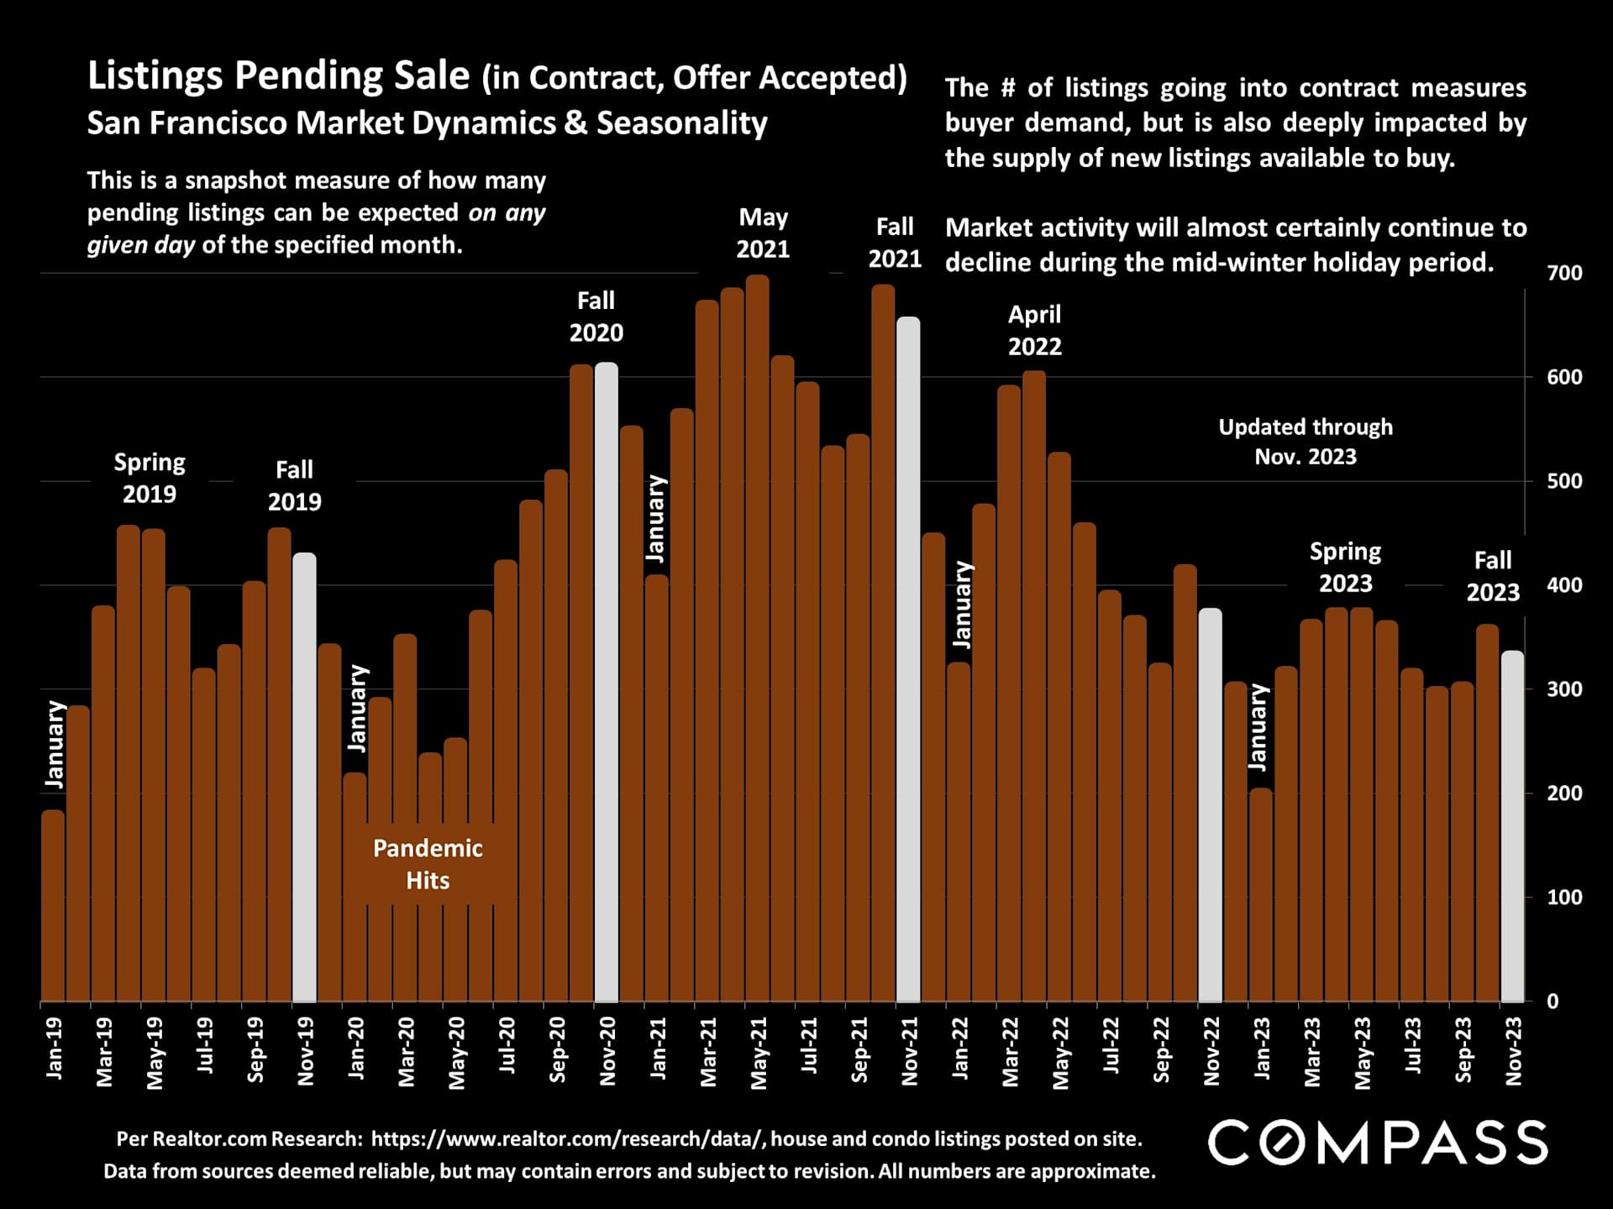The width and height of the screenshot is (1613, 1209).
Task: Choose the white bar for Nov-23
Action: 1512,826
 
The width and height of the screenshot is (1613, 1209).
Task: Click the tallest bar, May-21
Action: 757,638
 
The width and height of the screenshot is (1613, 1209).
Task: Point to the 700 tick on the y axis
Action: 1563,273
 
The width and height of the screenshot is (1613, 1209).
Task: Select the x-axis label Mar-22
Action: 1010,1052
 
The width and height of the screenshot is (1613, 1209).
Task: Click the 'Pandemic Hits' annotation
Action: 428,864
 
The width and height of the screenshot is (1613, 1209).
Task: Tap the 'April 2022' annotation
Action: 1034,330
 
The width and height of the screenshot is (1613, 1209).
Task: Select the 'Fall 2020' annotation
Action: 596,317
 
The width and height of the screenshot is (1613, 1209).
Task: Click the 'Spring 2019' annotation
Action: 150,478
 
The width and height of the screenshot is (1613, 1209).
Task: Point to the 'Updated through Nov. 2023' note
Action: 1305,442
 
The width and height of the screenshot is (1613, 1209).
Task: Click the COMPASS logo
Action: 1377,1143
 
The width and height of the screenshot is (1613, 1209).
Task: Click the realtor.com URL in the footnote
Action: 567,1138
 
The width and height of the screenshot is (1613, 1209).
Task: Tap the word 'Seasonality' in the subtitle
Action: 681,123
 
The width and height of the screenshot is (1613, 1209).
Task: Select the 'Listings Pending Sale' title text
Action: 278,76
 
